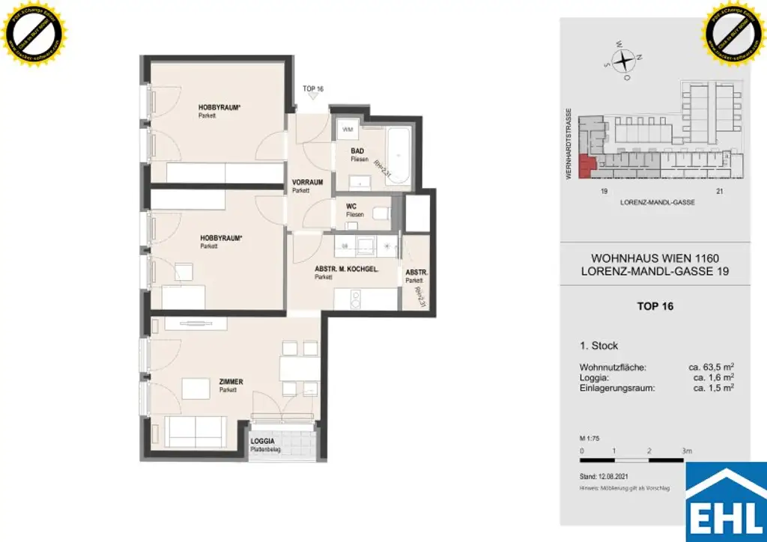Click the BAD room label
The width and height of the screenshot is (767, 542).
point(357,151)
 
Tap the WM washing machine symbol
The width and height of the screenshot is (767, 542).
point(347,130)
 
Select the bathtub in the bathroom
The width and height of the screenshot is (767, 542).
point(398,157)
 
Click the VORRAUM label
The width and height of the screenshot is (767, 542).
point(307,182)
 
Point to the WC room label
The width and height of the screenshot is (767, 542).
point(351,207)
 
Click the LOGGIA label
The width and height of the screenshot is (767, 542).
point(263,441)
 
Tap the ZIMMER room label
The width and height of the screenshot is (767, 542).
point(232,382)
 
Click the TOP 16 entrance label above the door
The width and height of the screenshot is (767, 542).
point(312,89)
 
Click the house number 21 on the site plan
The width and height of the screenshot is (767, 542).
point(720,192)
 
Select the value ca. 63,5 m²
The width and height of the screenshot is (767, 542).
point(711,368)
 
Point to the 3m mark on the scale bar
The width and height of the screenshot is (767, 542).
point(687,451)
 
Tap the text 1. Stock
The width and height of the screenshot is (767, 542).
point(599,346)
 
